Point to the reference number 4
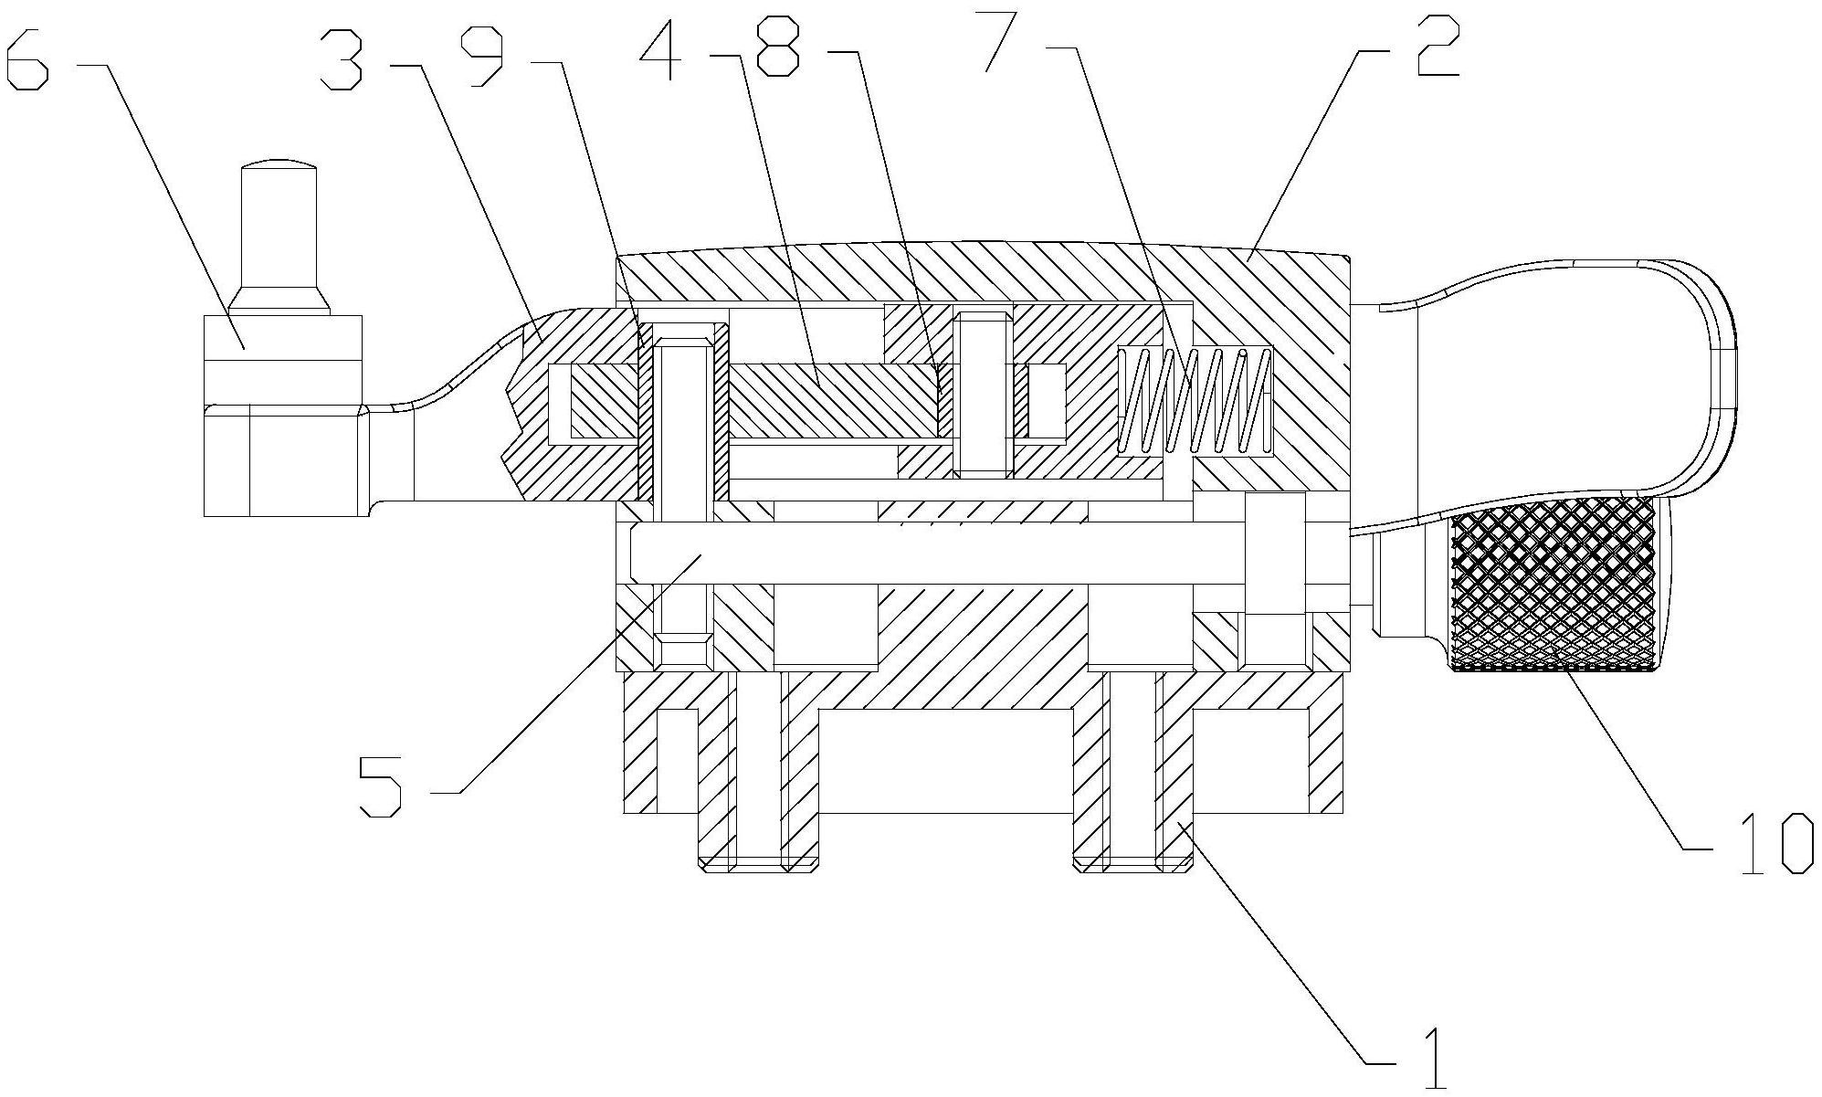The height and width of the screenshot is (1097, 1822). pos(659,47)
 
